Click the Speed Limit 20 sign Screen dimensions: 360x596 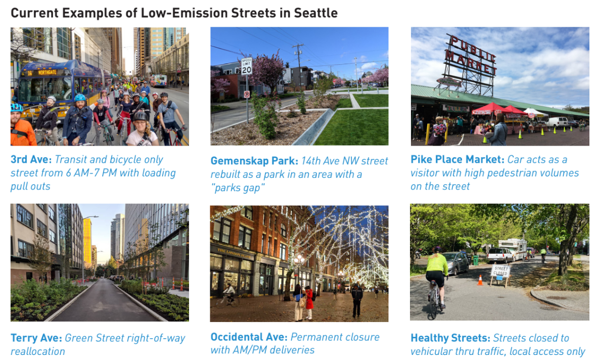coord(246,66)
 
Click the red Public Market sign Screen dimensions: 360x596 coord(470,55)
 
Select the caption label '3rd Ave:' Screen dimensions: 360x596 coord(31,160)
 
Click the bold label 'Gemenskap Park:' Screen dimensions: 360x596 coord(254,161)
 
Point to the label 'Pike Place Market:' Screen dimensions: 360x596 coord(457,160)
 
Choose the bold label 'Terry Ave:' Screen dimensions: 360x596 coord(36,338)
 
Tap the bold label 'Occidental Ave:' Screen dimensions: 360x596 coord(249,337)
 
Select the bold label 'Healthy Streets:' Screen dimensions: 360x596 coord(450,338)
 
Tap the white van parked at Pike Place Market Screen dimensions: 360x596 coord(557,121)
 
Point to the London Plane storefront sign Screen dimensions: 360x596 coord(236,252)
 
